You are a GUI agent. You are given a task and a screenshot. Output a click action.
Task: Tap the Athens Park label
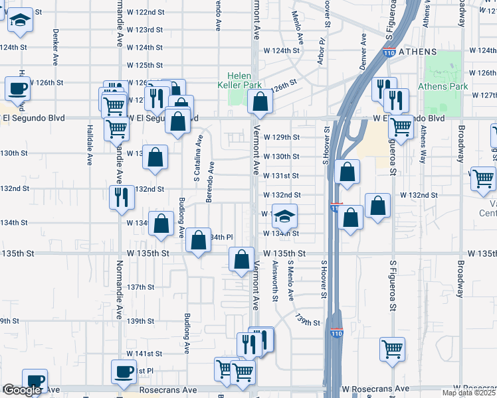click(443, 86)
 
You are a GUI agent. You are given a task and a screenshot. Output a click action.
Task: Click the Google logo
click(21, 390)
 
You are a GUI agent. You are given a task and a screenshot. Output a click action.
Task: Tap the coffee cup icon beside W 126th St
click(17, 90)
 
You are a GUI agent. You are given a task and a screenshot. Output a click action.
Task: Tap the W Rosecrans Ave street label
click(375, 388)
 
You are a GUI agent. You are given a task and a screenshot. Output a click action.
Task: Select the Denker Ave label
click(56, 46)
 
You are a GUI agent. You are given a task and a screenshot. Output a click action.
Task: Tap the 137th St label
click(142, 287)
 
